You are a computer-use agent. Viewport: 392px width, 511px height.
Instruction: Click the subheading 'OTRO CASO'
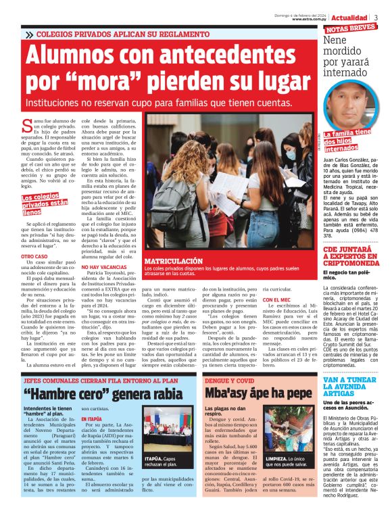point(34,258)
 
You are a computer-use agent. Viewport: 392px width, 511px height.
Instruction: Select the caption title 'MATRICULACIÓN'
point(174,260)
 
